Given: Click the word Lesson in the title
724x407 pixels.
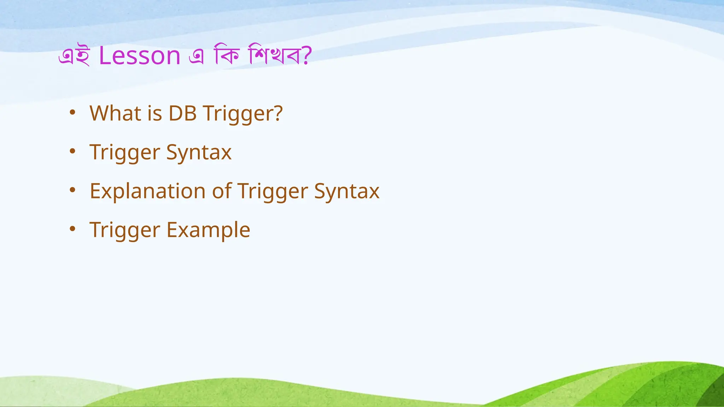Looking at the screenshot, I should [x=140, y=55].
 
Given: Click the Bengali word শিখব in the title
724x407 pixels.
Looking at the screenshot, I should [x=275, y=55].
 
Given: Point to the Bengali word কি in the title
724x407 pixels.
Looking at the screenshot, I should [x=227, y=55].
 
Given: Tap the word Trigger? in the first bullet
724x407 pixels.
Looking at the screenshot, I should [x=243, y=114].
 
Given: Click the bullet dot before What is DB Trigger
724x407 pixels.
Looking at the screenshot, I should [x=72, y=113].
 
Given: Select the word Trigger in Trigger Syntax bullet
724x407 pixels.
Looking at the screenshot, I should [x=125, y=153].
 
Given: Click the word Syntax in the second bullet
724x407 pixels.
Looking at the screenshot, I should [x=199, y=153].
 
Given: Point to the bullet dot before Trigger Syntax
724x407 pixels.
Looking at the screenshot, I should [x=72, y=152].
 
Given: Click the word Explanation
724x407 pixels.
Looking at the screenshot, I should [x=147, y=191].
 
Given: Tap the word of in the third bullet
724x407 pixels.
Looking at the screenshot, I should [x=222, y=191].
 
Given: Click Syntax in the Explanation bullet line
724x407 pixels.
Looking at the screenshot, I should [x=346, y=191].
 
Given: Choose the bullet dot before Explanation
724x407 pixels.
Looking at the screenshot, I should [x=72, y=190].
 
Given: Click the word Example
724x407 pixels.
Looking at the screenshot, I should [x=208, y=230].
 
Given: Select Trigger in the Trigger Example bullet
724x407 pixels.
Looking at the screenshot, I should [x=125, y=230].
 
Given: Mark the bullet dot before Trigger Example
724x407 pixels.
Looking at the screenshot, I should [x=72, y=229].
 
